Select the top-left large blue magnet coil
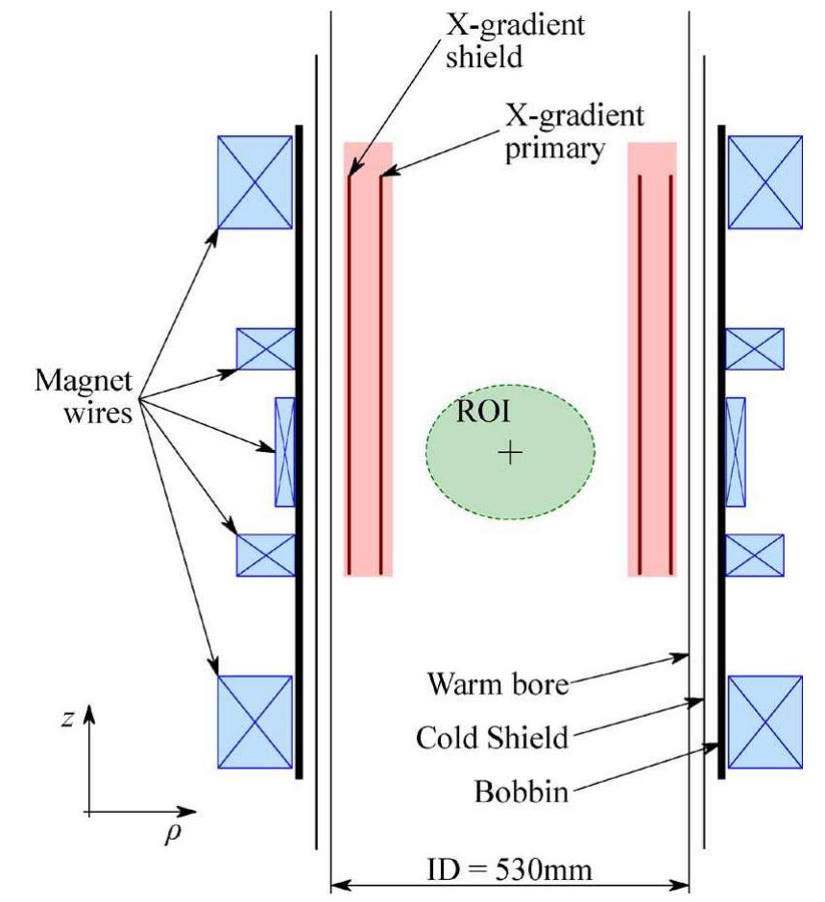tap(255, 181)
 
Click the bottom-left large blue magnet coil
tap(255, 722)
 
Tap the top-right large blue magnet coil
tap(764, 181)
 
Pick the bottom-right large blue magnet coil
tap(764, 722)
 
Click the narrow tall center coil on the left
tap(284, 451)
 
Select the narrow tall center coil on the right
tap(735, 451)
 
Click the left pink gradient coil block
tap(368, 360)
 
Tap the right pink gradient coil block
tap(652, 360)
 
